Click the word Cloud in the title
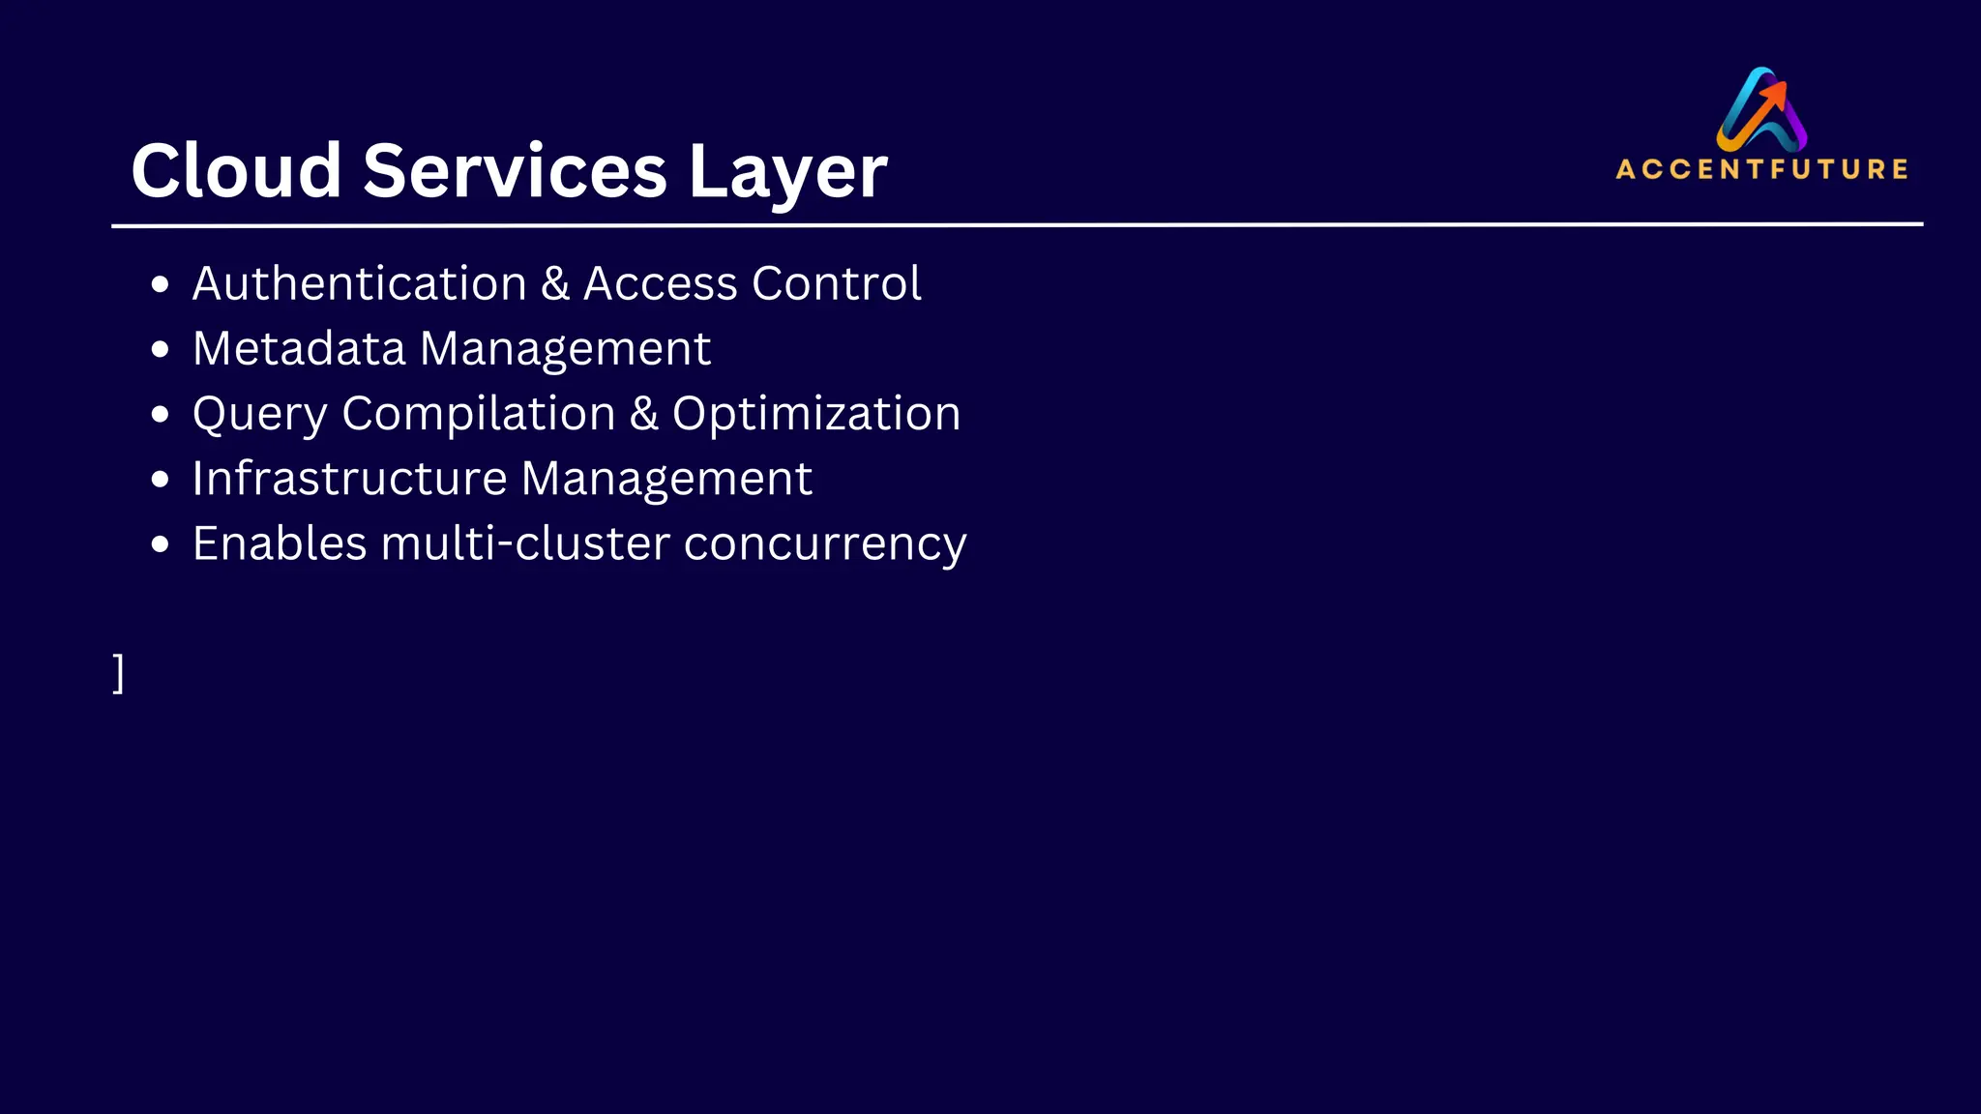(236, 171)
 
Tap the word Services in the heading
(515, 171)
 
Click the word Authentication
(360, 283)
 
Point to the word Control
(836, 283)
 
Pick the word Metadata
(299, 348)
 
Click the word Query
(260, 415)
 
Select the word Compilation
(479, 415)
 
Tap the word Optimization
(816, 415)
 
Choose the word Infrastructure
(349, 479)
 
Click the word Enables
(280, 543)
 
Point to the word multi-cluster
(525, 543)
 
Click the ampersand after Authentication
(555, 284)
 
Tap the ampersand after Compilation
(644, 414)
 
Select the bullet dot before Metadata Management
(161, 349)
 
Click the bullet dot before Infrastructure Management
(161, 480)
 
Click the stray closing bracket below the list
(118, 673)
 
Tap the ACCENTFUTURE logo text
(1761, 169)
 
